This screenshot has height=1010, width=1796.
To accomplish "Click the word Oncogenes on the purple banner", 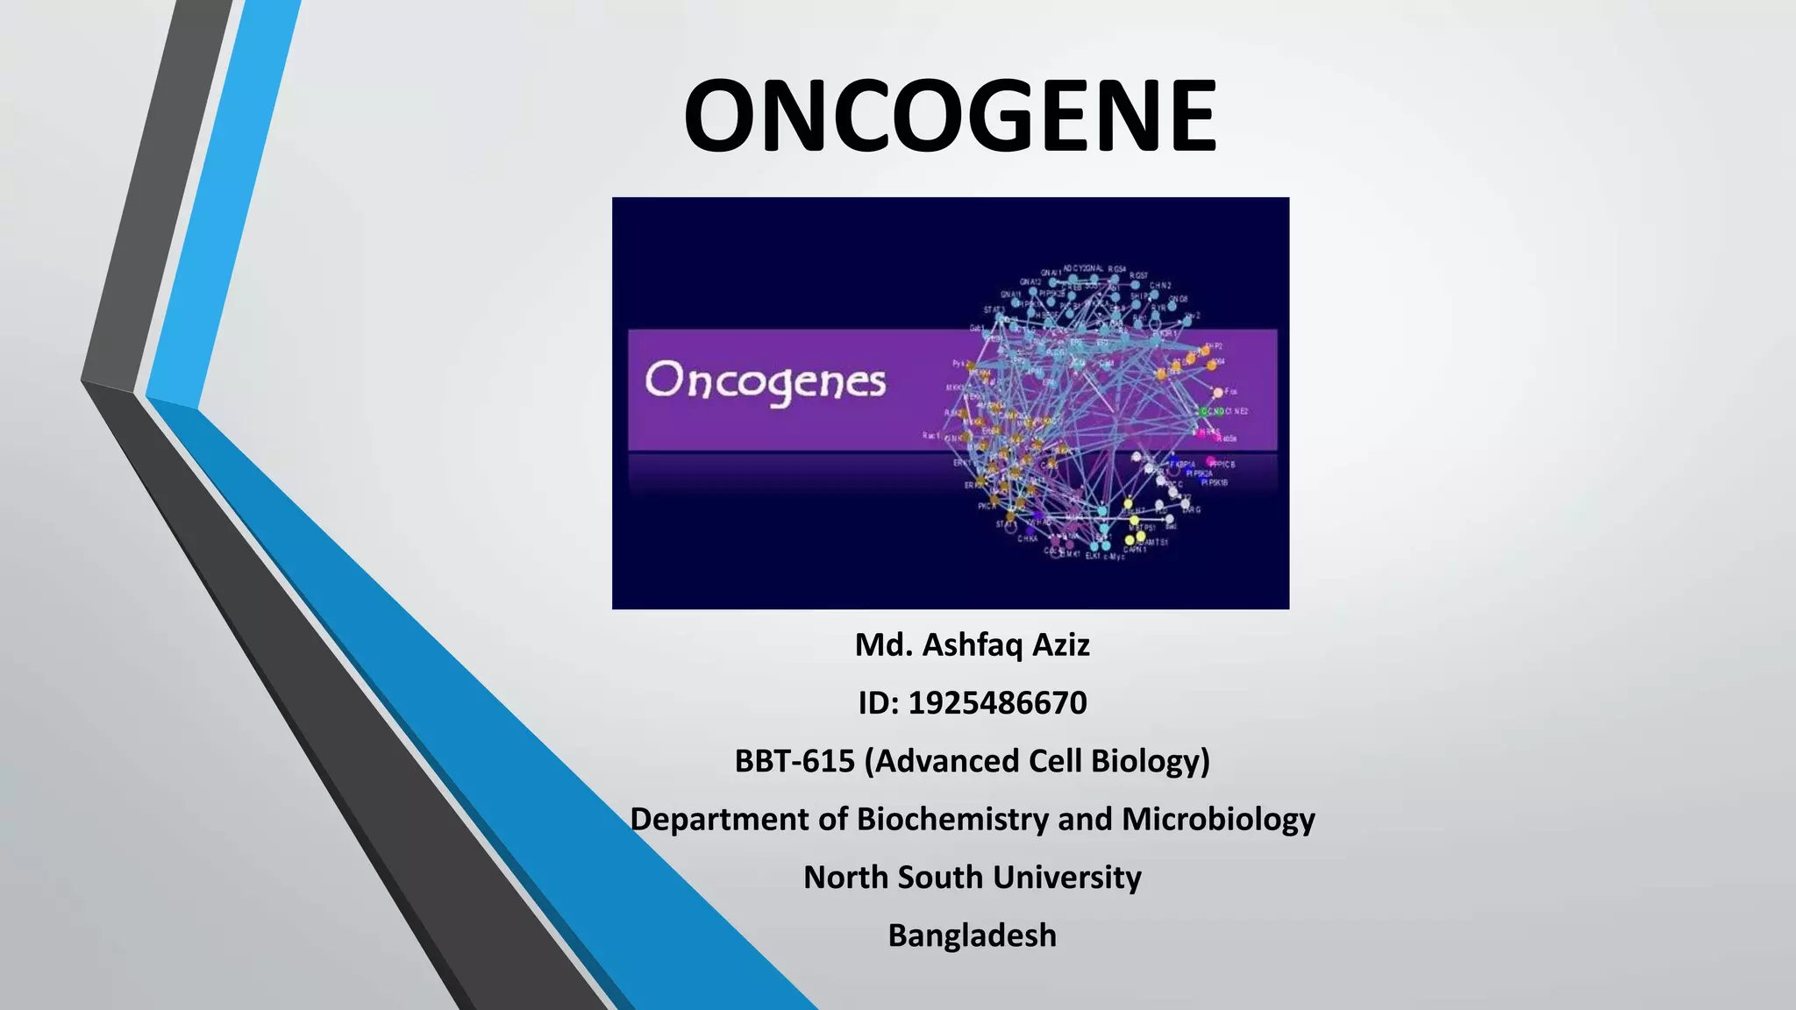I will pos(766,383).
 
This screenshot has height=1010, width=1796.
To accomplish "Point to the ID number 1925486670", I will pos(997,702).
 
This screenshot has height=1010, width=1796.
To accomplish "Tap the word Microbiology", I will pos(1218,819).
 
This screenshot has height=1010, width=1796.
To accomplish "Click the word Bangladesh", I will pos(972,935).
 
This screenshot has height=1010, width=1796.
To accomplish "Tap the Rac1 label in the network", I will pos(931,436).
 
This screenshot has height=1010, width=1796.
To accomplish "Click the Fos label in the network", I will pos(1230,392).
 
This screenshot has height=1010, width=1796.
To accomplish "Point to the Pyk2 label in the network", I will pos(959,363).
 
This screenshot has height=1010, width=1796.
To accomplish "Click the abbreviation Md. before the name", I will pos(883,644).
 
